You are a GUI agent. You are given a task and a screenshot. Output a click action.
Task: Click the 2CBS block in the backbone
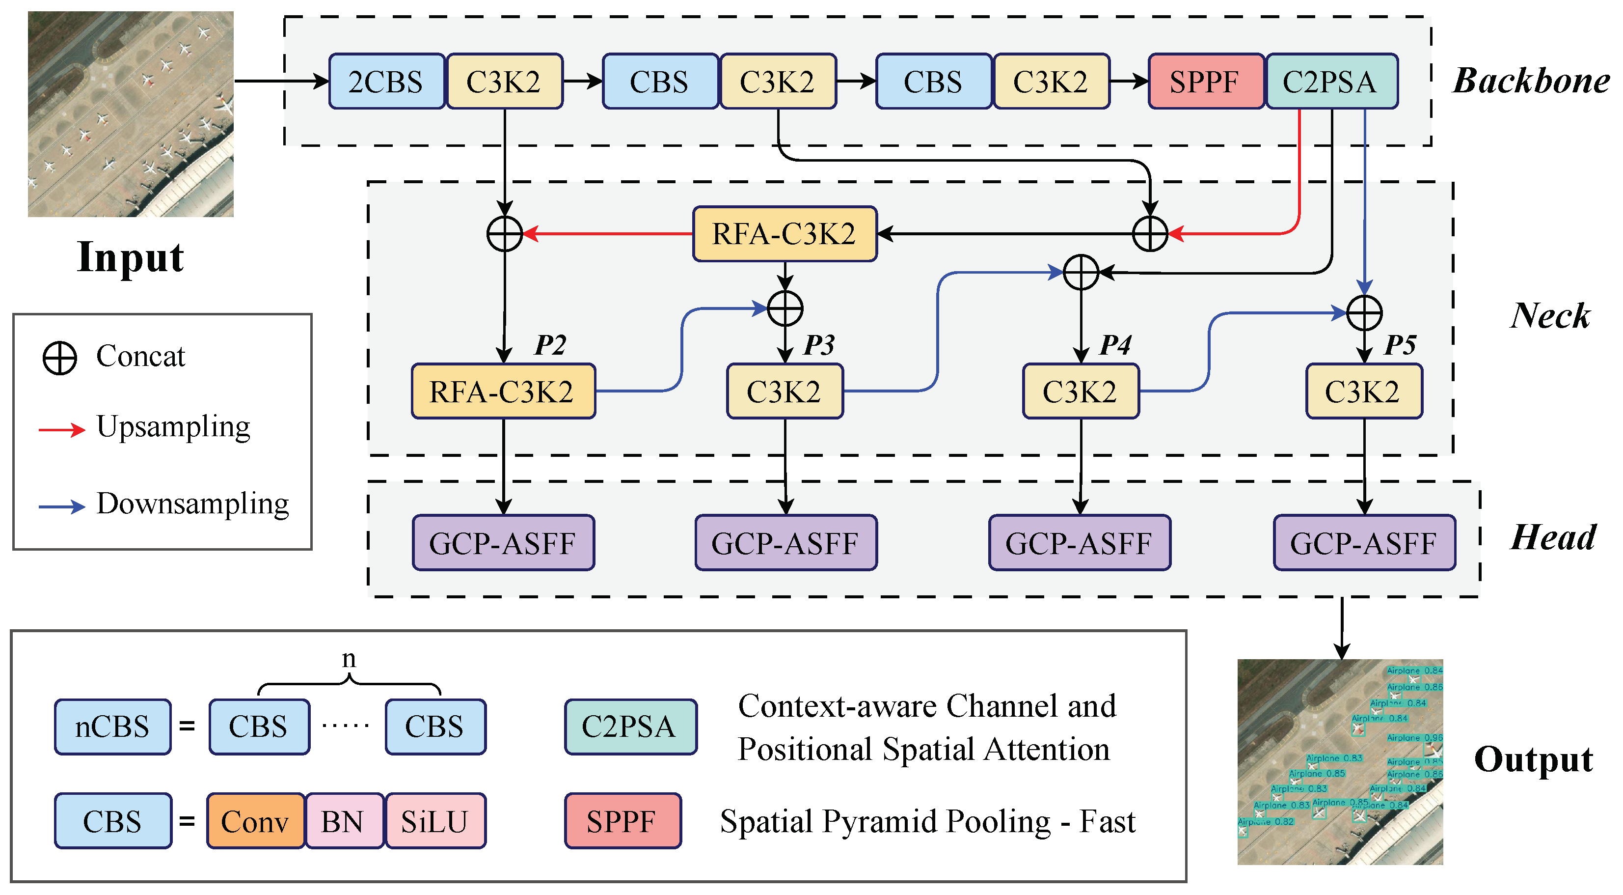(386, 82)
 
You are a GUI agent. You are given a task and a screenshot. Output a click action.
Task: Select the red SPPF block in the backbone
(1205, 82)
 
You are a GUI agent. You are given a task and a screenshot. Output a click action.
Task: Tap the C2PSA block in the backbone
(1331, 82)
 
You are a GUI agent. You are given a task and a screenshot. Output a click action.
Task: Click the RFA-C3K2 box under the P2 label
(503, 392)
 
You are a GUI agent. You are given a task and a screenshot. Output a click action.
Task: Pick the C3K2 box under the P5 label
(1363, 392)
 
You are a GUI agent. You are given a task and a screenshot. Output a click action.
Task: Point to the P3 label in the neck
(819, 345)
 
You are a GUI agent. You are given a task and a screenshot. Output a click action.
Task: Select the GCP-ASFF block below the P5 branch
(1363, 543)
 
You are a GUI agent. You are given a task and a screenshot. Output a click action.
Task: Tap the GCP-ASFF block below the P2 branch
(503, 543)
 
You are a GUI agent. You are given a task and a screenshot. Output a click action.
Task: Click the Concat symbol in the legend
(60, 358)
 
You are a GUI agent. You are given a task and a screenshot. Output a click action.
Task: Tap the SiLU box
(435, 821)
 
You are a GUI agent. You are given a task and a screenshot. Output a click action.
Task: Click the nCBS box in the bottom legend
(112, 727)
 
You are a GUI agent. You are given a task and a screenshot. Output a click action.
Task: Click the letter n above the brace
(349, 659)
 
